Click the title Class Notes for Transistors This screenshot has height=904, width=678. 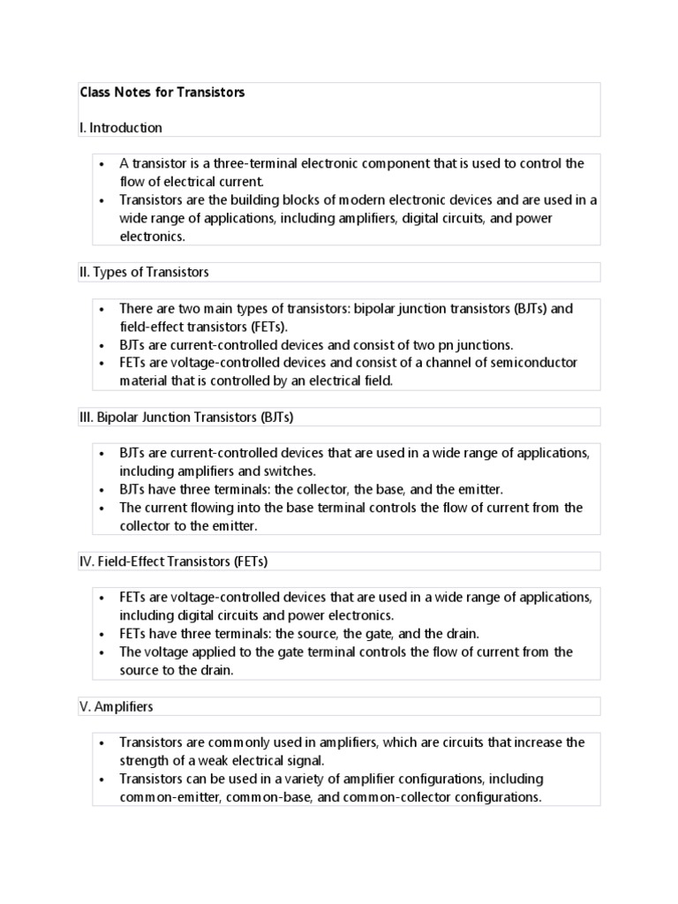162,92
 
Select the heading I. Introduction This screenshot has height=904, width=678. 121,128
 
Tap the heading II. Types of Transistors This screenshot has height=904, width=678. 144,272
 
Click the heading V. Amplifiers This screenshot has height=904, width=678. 116,706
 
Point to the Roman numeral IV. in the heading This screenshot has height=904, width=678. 87,561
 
